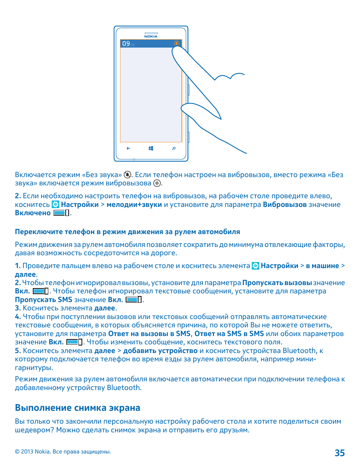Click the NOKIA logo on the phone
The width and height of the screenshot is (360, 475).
[151, 36]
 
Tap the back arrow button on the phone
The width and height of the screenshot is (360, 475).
[128, 148]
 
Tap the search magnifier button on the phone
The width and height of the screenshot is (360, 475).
[174, 148]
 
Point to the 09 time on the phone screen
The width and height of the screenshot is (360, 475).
[126, 44]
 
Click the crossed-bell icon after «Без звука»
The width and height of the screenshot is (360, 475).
[128, 174]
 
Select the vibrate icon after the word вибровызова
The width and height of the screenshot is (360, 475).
[157, 183]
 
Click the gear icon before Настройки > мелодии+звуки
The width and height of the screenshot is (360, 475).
[55, 204]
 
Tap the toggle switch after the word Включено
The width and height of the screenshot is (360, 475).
[61, 213]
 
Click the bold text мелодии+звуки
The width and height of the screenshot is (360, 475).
[134, 204]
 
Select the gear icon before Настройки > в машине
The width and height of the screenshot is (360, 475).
[255, 266]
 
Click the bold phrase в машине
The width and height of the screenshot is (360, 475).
[322, 266]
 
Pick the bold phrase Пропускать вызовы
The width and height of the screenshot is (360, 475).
[277, 283]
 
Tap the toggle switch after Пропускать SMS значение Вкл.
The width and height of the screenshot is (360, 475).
[134, 300]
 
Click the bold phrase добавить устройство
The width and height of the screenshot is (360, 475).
[160, 351]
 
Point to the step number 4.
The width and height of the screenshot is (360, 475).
[17, 317]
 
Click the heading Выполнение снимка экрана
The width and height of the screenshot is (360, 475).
[77, 408]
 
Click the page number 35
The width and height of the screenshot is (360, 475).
[340, 453]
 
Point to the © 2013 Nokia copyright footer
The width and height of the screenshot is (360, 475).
[63, 452]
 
